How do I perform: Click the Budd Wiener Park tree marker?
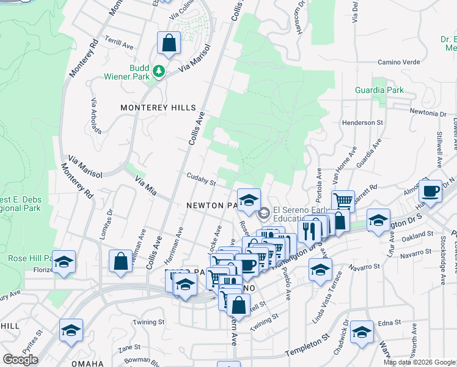tap(159, 72)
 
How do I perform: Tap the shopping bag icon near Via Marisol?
tap(169, 43)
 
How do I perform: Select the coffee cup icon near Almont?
tap(430, 190)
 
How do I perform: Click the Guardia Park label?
tap(379, 90)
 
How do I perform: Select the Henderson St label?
tap(362, 122)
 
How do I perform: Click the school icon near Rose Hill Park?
tap(64, 262)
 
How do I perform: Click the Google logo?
tap(21, 359)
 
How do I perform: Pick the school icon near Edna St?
tap(362, 332)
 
